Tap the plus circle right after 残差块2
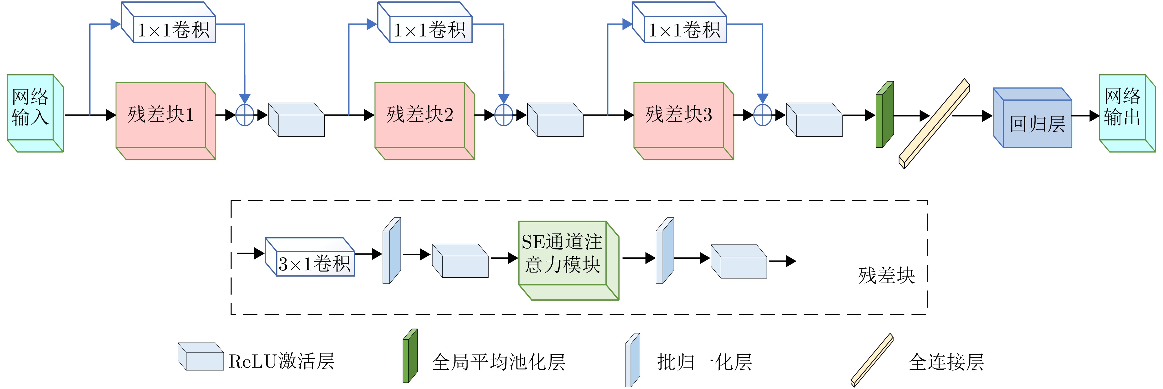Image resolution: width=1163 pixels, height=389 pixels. [504, 115]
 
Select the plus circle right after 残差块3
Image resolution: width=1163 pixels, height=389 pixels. [762, 115]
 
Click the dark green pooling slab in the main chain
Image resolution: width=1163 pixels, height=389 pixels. [884, 115]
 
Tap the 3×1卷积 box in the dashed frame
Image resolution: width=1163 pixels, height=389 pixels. [315, 263]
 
